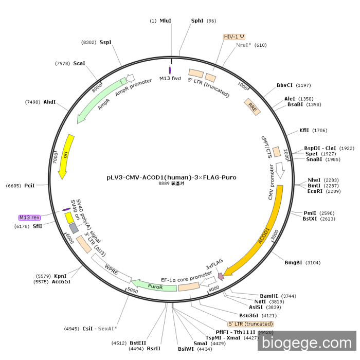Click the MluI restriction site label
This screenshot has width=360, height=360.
click(x=165, y=21)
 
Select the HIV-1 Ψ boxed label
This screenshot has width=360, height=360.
click(x=234, y=37)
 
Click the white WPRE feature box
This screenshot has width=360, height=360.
click(x=112, y=268)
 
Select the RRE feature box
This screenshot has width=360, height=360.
click(x=252, y=106)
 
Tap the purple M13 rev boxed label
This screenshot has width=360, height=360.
click(x=29, y=218)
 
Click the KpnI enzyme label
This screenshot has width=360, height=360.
click(x=60, y=276)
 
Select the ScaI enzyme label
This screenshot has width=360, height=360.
click(x=79, y=63)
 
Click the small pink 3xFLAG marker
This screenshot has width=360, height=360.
click(x=221, y=277)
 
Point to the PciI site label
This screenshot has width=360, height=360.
click(x=29, y=185)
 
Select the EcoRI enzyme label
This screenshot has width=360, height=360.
click(x=314, y=191)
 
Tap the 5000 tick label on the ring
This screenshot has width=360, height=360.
click(x=133, y=291)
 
